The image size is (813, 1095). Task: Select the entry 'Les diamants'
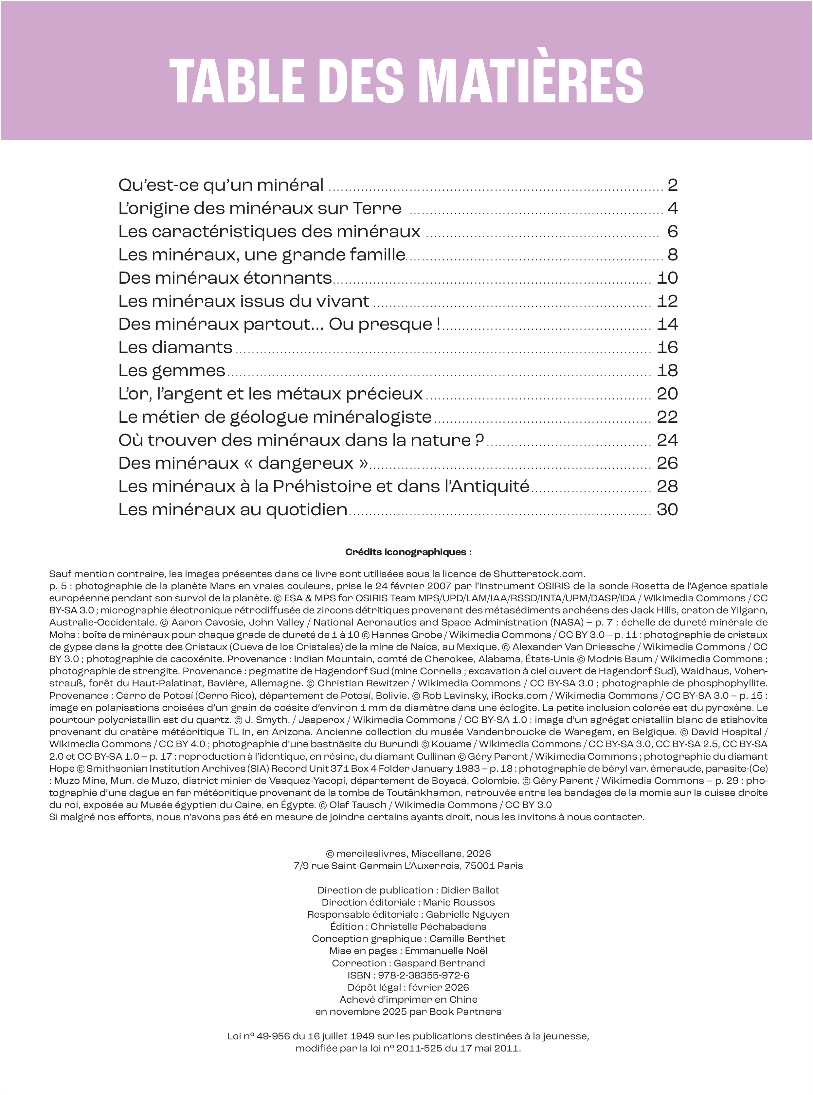point(175,347)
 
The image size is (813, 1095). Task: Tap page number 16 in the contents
point(667,347)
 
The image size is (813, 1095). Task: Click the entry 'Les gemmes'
point(172,370)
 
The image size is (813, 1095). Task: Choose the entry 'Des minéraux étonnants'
point(225,278)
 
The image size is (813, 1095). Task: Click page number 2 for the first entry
point(672,185)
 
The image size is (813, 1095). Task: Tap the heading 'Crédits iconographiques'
point(408,552)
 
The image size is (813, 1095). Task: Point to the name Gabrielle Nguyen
point(467,914)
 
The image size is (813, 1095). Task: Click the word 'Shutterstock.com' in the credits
point(538,574)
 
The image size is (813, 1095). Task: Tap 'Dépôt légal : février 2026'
point(408,987)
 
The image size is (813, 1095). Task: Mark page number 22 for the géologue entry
point(667,417)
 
